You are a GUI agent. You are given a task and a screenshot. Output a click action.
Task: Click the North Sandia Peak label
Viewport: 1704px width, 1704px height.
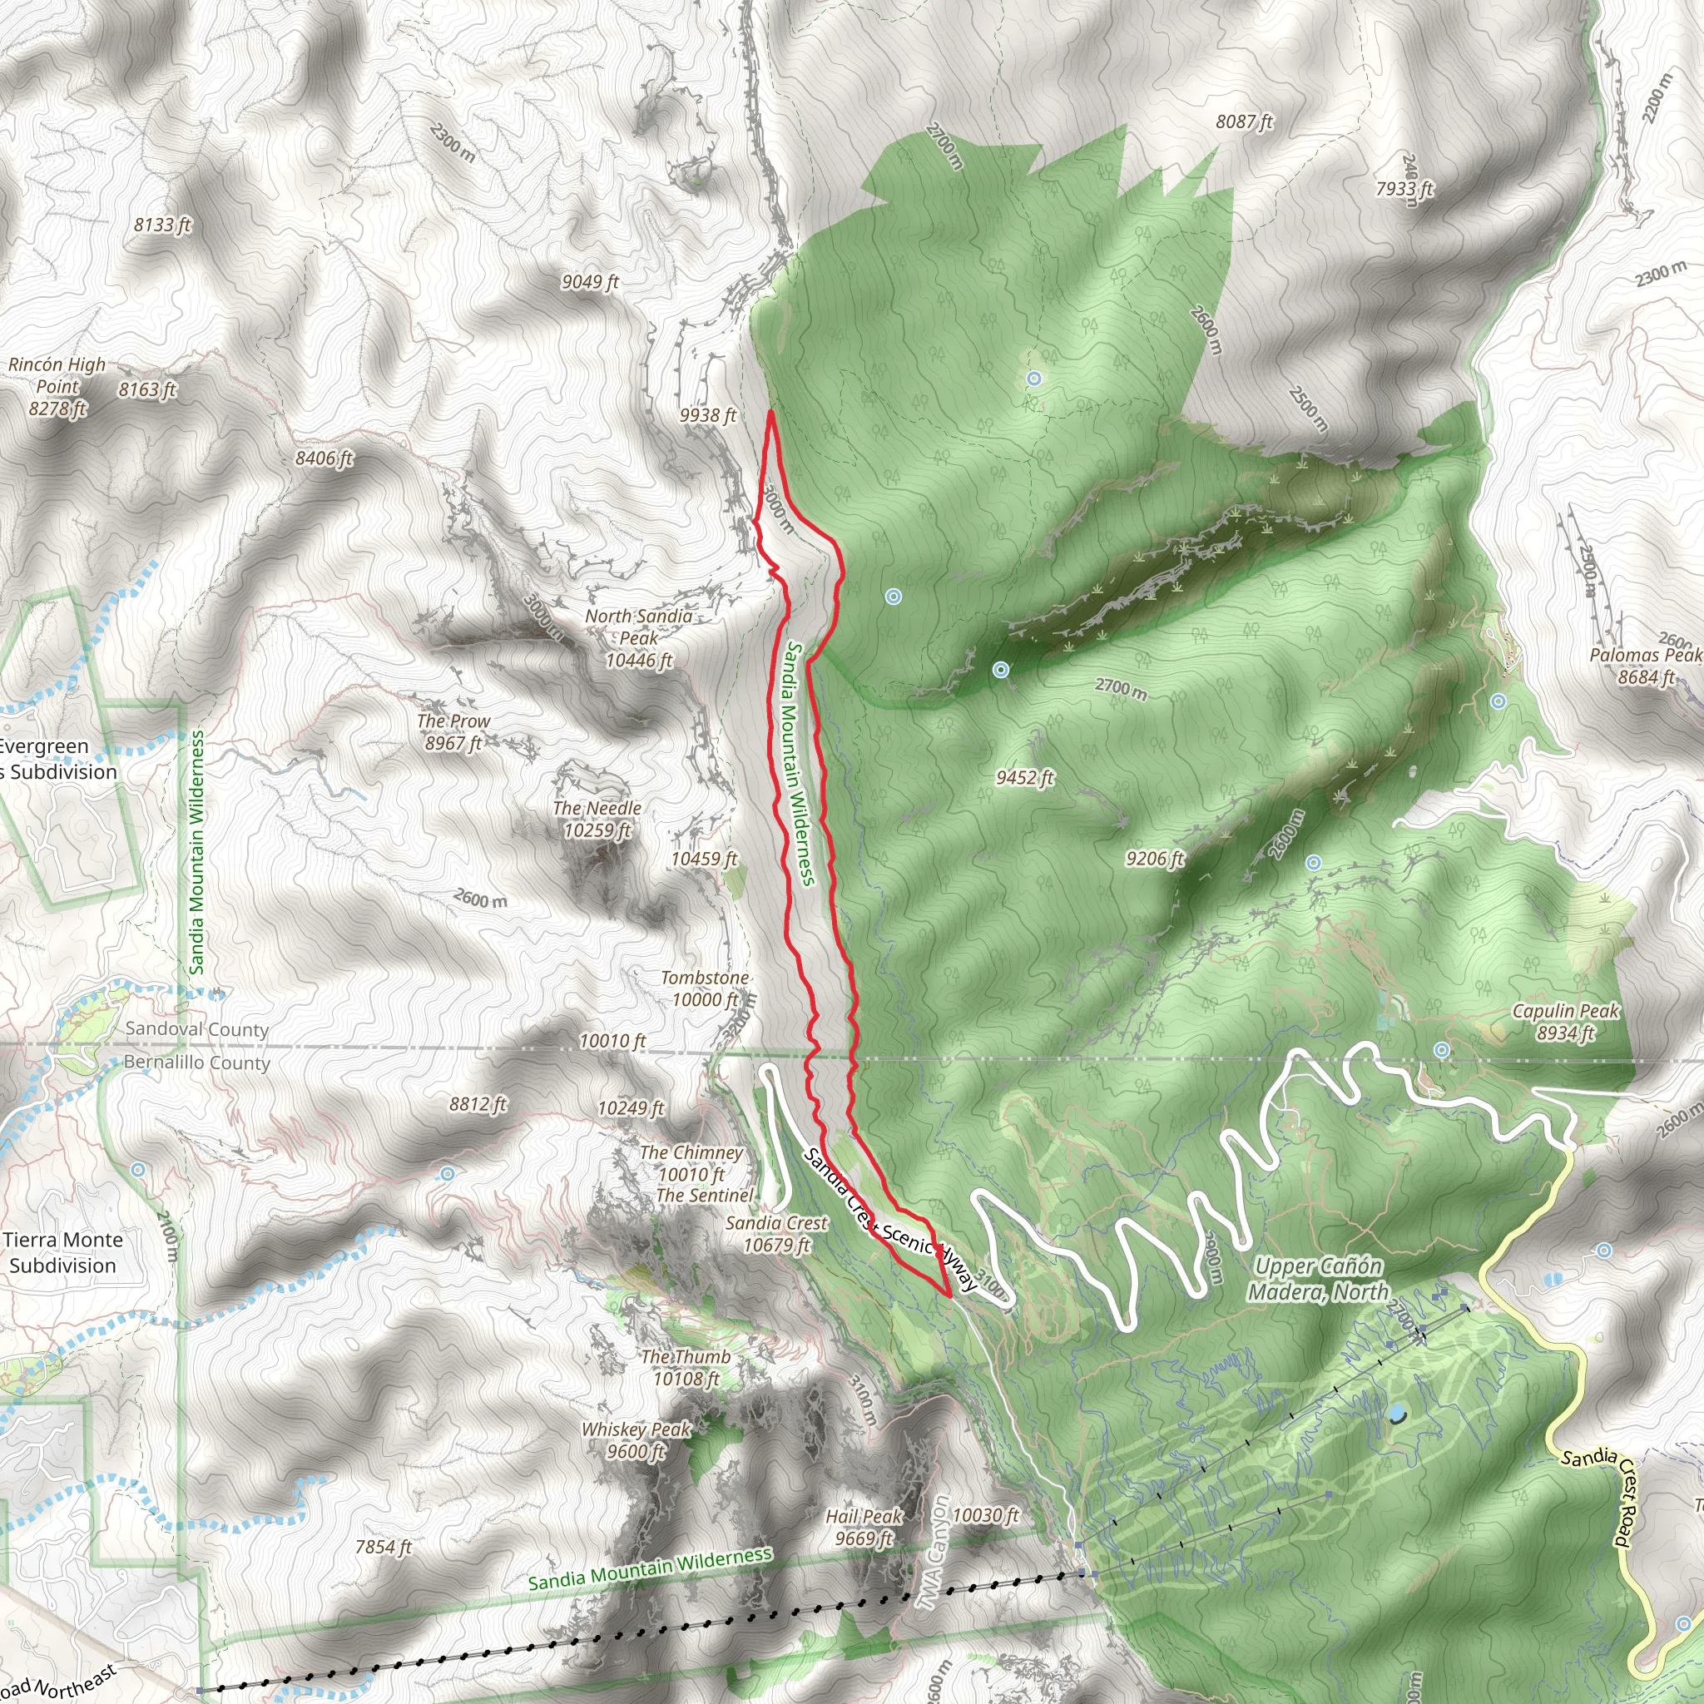click(638, 637)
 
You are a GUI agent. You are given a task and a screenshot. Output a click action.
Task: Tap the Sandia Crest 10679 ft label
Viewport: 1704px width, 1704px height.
click(776, 1234)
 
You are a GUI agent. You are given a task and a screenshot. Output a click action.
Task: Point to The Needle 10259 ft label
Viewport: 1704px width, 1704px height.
click(597, 819)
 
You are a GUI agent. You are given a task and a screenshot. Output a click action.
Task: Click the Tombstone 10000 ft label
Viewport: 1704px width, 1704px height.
click(705, 988)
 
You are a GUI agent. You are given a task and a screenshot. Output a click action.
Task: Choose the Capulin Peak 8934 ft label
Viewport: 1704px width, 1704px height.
click(1566, 1022)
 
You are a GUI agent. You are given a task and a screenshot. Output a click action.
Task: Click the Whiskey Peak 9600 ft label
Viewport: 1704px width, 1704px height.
click(636, 1440)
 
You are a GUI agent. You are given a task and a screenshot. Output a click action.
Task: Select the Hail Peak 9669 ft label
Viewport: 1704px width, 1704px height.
click(864, 1527)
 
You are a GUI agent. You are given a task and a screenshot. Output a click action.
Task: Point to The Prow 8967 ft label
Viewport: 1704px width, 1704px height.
click(453, 732)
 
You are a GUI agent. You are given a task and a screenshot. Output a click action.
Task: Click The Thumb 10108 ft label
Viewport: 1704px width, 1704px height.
click(686, 1367)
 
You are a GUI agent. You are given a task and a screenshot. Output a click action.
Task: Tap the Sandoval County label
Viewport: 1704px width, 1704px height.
click(196, 1029)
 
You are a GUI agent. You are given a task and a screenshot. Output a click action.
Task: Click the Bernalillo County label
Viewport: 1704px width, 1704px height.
click(196, 1062)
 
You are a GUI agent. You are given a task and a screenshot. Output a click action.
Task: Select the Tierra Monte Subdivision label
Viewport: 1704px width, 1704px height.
click(62, 1252)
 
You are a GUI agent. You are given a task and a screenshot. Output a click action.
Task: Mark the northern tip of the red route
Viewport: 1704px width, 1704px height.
click(770, 412)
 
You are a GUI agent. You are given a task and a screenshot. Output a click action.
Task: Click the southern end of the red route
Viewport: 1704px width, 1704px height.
click(949, 1296)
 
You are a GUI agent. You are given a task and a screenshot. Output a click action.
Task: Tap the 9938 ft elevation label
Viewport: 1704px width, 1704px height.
click(707, 414)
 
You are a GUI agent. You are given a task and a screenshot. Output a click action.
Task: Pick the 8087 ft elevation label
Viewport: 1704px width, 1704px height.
click(1244, 121)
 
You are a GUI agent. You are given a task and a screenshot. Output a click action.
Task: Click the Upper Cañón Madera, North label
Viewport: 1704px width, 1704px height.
click(1318, 1279)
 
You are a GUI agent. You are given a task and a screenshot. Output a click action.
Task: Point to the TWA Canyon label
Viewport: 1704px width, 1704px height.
click(936, 1553)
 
